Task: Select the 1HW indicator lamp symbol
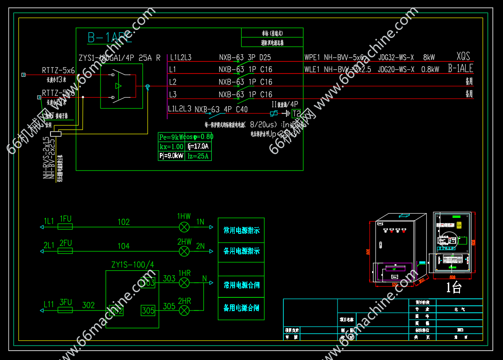pyautogui.click(x=185, y=227)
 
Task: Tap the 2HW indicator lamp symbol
pyautogui.click(x=185, y=251)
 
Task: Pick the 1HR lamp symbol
pyautogui.click(x=185, y=282)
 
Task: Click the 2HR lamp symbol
pyautogui.click(x=185, y=310)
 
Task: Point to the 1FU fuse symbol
pyautogui.click(x=65, y=227)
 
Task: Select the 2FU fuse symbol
pyautogui.click(x=65, y=251)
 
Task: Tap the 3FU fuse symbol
pyautogui.click(x=65, y=310)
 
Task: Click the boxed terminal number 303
pyautogui.click(x=148, y=282)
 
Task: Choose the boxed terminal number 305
pyautogui.click(x=148, y=310)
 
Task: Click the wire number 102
pyautogui.click(x=123, y=222)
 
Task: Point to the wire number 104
pyautogui.click(x=123, y=246)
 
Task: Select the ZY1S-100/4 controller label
pyautogui.click(x=133, y=265)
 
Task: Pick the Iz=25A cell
pyautogui.click(x=198, y=156)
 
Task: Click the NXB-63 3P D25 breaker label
pyautogui.click(x=245, y=58)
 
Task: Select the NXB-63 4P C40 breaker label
pyautogui.click(x=221, y=109)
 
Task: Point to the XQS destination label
pyautogui.click(x=463, y=56)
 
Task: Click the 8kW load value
pyautogui.click(x=429, y=58)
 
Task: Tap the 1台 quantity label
pyautogui.click(x=453, y=288)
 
